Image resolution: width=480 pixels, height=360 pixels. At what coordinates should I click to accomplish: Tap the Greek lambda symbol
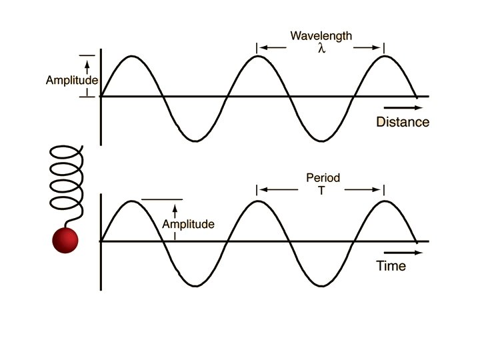(321, 48)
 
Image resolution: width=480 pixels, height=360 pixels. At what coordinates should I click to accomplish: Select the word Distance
(403, 122)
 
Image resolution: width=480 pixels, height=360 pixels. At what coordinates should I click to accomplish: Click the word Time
(391, 266)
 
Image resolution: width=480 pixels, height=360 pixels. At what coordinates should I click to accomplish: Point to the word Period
(323, 178)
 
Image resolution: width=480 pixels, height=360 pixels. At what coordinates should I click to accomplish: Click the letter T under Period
(323, 191)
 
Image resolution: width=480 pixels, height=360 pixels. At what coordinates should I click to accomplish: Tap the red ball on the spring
(65, 240)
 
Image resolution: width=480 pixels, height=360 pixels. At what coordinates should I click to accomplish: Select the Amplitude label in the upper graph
(72, 81)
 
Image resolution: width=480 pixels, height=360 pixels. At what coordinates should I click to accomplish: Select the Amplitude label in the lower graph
(189, 225)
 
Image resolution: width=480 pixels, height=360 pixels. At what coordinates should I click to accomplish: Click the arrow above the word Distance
(402, 107)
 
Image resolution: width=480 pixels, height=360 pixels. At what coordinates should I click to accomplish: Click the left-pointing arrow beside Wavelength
(273, 47)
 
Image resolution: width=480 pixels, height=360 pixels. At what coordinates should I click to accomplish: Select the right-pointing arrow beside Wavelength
(367, 47)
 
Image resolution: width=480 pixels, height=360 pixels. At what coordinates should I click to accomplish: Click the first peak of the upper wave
(132, 57)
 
